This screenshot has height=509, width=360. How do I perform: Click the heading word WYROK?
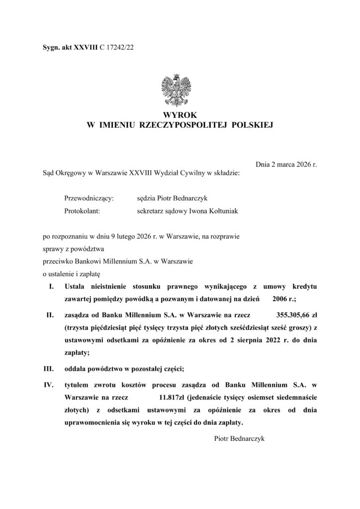click(x=180, y=116)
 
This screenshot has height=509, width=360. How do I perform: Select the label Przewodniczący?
click(x=90, y=198)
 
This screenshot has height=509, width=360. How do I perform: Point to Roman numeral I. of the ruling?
click(x=50, y=287)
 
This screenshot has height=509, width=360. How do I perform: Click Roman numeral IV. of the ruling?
click(x=49, y=385)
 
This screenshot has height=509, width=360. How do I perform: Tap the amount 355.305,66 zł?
click(x=297, y=314)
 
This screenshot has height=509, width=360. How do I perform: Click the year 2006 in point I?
click(x=279, y=300)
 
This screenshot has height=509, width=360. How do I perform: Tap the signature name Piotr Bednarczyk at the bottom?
click(x=240, y=439)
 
